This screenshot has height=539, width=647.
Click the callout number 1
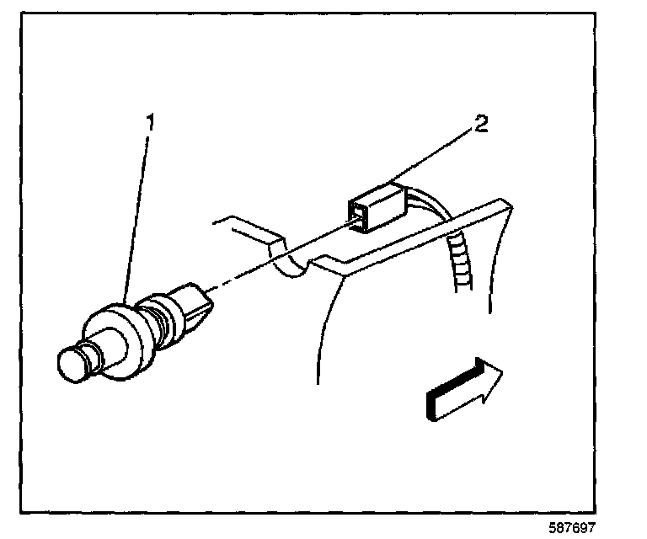coord(150,124)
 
